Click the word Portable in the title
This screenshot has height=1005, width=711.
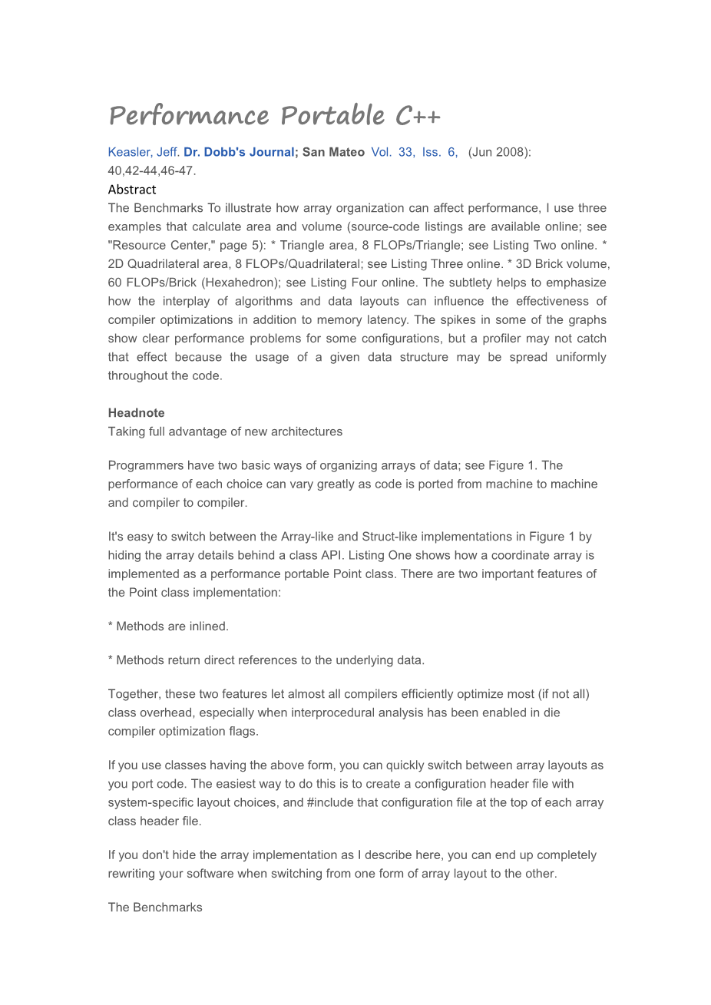tap(332, 116)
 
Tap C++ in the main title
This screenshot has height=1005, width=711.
tap(418, 116)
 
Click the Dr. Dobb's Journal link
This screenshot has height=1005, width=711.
tap(239, 152)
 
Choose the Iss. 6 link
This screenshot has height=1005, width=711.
tap(440, 152)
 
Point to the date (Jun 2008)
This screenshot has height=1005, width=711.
tap(499, 152)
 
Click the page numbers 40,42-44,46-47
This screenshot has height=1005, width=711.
tap(152, 170)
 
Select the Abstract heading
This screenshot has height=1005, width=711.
tap(132, 190)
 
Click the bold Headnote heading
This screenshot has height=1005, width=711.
tap(137, 413)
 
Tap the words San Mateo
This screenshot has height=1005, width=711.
tap(333, 152)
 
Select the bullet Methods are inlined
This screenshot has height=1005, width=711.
tap(168, 626)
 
